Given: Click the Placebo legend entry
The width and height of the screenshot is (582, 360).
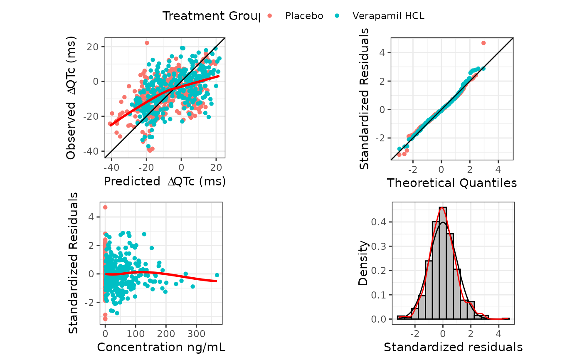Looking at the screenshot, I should pos(304,16).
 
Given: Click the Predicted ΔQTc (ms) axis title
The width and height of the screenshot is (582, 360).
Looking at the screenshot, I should pos(165,182).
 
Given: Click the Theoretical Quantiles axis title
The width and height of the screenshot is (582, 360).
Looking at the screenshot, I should pos(452,183).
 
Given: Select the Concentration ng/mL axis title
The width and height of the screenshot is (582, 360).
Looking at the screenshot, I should pos(161,347).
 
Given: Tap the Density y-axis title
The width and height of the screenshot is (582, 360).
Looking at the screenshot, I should pos(363,263).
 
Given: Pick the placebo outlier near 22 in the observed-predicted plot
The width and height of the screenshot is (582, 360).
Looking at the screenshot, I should pos(147,43).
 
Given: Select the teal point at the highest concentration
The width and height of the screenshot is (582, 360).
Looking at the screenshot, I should pos(217,275).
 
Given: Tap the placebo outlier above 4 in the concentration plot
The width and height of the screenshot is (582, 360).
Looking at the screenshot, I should pos(105,207).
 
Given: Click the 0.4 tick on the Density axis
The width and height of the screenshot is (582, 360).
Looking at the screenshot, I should pos(382,222).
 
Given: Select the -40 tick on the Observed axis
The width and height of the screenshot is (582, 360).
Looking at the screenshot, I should pos(93,151).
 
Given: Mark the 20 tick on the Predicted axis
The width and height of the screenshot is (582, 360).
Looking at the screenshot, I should pos(216,168).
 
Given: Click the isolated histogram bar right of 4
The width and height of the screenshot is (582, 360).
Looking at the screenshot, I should pos(506,318).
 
